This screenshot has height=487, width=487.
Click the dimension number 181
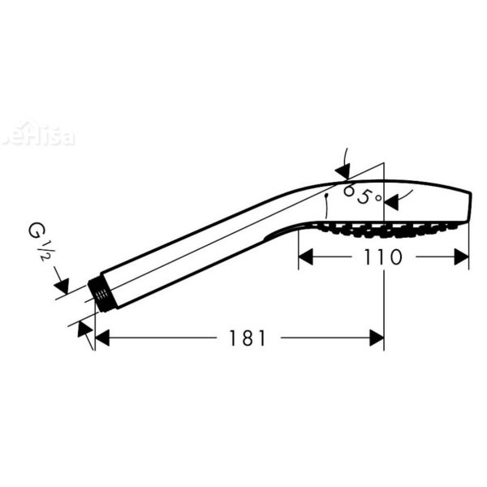[x=248, y=338]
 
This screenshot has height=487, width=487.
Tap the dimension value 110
[x=383, y=257]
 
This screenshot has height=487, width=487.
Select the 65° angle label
[x=361, y=195]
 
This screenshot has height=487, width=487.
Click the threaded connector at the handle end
[x=102, y=294]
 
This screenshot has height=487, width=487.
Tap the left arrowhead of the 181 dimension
[x=101, y=338]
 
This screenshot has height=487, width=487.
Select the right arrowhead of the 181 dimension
[x=377, y=338]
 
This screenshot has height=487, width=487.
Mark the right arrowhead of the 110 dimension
[x=462, y=257]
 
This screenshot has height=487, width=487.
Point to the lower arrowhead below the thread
[x=83, y=328]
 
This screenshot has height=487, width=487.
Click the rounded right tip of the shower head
[x=468, y=203]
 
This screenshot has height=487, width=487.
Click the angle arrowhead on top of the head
[x=343, y=171]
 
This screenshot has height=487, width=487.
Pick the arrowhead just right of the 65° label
[x=392, y=199]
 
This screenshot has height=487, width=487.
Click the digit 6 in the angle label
[x=350, y=192]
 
